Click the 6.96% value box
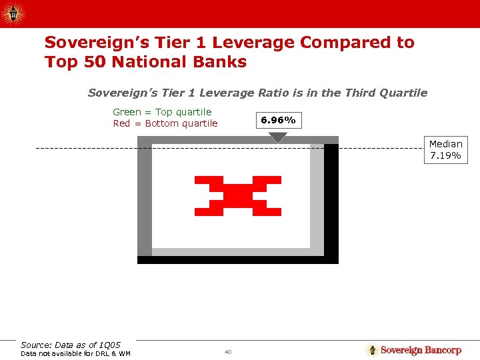point(278,121)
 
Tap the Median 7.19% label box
point(445,150)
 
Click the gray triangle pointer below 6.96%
point(278,137)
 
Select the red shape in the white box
point(237,196)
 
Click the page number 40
point(227,351)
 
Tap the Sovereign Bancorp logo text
point(421,350)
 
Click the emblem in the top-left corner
point(12,13)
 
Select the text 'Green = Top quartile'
point(162,112)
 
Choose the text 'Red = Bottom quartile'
point(165,123)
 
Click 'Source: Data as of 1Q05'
point(71,345)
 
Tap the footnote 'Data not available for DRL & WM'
point(75,353)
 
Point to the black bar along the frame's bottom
point(237,260)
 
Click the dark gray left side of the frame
point(144,200)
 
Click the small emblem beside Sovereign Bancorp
point(372,350)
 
